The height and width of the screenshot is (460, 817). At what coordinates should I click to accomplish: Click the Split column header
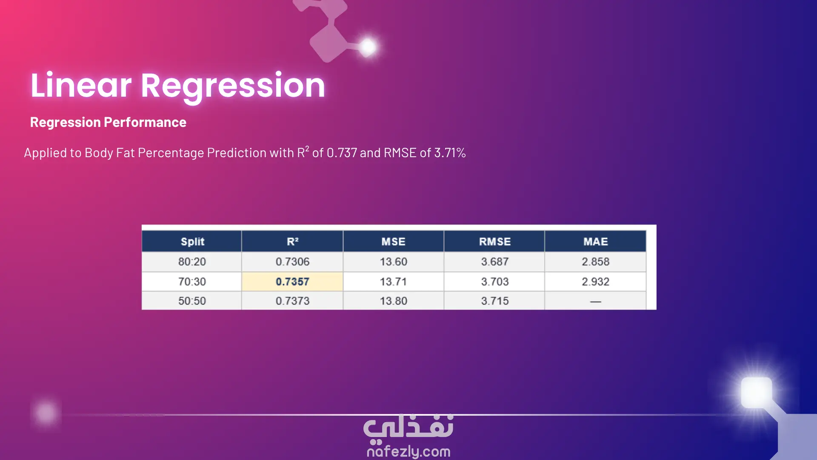tap(192, 241)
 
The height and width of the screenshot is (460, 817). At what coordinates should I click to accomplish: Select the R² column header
tap(292, 241)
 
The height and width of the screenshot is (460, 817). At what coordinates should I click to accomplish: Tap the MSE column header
tap(393, 241)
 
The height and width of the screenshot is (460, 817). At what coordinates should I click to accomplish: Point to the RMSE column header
tap(494, 241)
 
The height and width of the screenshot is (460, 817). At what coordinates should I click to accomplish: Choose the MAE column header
tap(595, 241)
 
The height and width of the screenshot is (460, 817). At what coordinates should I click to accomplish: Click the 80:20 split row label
tap(192, 262)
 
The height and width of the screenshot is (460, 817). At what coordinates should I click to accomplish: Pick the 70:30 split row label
tap(192, 282)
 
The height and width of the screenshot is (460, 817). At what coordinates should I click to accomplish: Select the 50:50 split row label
tap(192, 301)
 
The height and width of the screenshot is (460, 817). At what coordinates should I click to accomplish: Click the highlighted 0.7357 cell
tap(292, 282)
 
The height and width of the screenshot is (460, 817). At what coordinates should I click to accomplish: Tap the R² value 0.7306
tap(292, 262)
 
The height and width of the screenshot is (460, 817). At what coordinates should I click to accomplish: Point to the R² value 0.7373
tap(292, 301)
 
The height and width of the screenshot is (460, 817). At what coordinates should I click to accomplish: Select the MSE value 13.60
tap(393, 262)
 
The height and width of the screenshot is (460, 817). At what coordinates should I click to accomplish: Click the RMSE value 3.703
tap(494, 282)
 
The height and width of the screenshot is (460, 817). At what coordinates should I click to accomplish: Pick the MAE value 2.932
tap(595, 282)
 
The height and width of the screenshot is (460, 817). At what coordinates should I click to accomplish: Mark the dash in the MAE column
tap(595, 302)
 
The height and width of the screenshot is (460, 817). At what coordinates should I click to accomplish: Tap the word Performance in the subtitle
tap(145, 122)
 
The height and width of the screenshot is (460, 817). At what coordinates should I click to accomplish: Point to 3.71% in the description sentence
tap(450, 152)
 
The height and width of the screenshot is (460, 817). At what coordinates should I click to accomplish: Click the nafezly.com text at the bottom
tap(408, 451)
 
